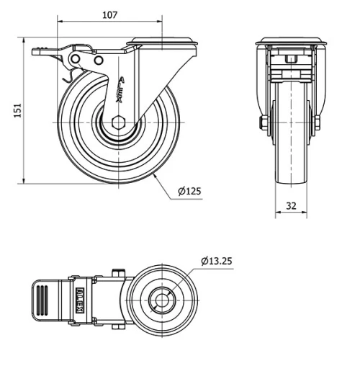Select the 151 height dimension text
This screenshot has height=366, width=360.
[x=10, y=109]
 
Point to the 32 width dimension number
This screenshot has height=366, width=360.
[x=292, y=205]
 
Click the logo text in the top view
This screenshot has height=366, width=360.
[x=81, y=297]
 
